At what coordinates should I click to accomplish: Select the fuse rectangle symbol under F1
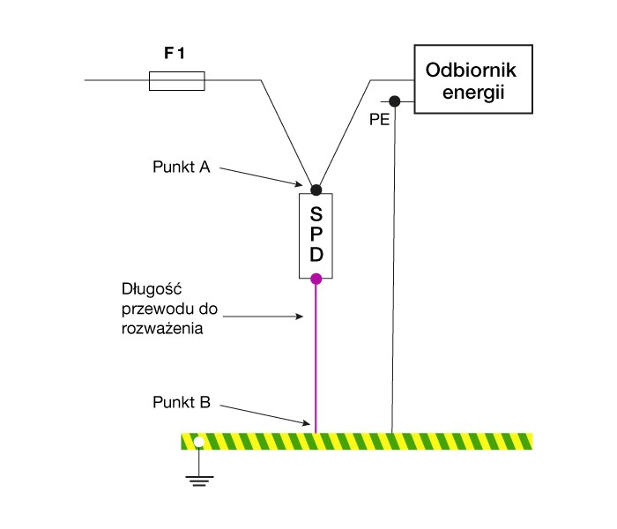[x=177, y=82]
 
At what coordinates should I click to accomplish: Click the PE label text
[x=379, y=120]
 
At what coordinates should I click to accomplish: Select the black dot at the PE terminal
[x=395, y=101]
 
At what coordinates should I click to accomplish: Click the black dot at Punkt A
[x=316, y=190]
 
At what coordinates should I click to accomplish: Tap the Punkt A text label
[x=180, y=168]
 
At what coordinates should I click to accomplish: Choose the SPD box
[x=316, y=234]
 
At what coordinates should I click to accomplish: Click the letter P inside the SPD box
[x=316, y=234]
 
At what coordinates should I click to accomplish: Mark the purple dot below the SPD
[x=316, y=279]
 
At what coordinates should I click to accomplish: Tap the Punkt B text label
[x=180, y=403]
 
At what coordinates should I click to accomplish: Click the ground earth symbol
[x=198, y=479]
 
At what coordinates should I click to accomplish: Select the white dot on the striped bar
[x=199, y=442]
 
